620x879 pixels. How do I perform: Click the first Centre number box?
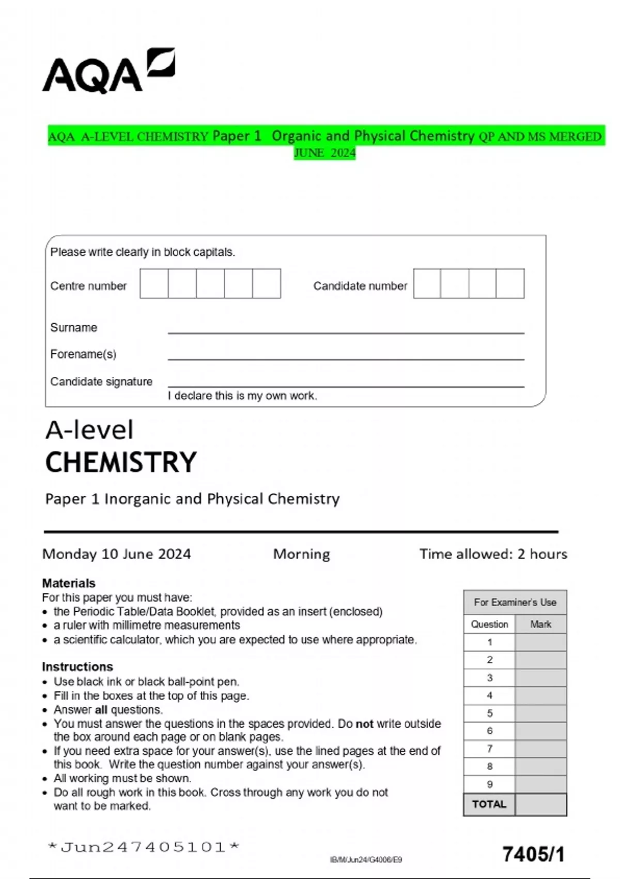coord(154,283)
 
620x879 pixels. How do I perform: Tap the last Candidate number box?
coord(510,283)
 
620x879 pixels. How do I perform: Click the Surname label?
coord(73,327)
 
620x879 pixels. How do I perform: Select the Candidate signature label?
coord(101,382)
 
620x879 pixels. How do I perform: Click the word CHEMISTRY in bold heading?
coord(121,462)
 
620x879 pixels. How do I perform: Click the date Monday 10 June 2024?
coord(116,554)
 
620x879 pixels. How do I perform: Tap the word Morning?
coord(301,554)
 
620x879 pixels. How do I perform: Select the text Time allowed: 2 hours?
coord(493,554)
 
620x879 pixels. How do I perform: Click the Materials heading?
coord(69,583)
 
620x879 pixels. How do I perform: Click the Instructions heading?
coord(78,666)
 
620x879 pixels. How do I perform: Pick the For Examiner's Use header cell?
coord(515,602)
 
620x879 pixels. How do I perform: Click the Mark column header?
coord(540,624)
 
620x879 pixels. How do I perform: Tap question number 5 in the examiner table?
coord(489,713)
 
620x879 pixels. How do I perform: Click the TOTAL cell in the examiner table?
coord(489,805)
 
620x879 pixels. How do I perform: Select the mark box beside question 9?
coord(540,784)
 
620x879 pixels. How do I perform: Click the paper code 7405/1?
coord(533,854)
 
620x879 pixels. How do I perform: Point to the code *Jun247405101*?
coord(143,847)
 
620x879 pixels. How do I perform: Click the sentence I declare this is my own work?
coord(242,396)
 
